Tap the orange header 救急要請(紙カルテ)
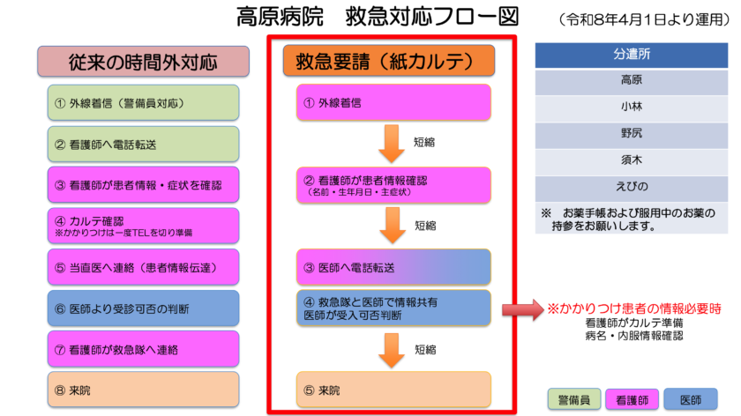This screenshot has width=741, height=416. (x=388, y=60)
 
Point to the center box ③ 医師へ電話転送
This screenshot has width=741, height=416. (x=393, y=266)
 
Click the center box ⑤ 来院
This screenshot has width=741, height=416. (x=393, y=390)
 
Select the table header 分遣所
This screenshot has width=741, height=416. (x=632, y=55)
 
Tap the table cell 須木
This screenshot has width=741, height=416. (x=632, y=161)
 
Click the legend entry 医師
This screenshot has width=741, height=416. (x=692, y=399)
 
